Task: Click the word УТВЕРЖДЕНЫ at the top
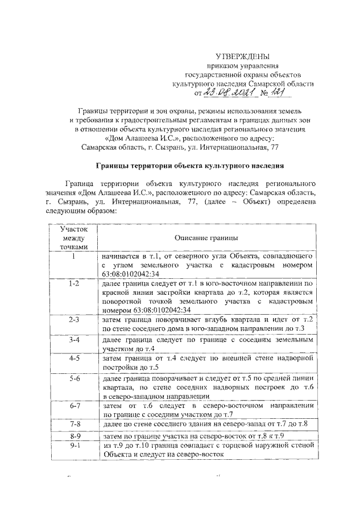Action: click(243, 56)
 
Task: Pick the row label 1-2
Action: click(74, 283)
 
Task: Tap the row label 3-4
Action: click(74, 340)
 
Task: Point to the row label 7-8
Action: click(74, 425)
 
